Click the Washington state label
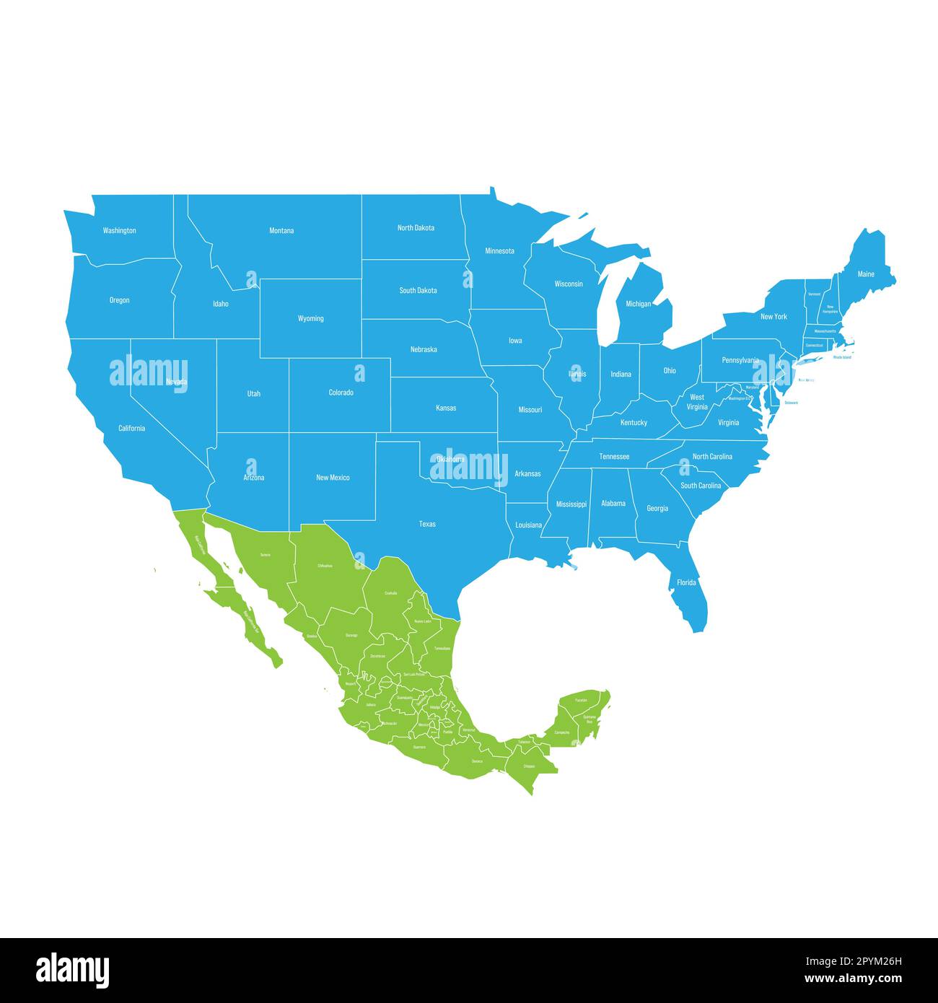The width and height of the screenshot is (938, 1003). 119,231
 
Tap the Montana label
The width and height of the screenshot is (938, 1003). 281,231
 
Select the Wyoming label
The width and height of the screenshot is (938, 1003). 310,318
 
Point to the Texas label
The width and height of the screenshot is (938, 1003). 427,524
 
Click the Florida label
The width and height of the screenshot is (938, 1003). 686,582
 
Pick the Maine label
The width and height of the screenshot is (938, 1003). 866,274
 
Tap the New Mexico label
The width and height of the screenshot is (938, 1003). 333,478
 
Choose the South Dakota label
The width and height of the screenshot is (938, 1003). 418,291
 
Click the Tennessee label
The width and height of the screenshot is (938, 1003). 614,457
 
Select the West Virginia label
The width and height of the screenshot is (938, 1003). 697,402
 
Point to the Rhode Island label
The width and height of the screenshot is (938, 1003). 842,357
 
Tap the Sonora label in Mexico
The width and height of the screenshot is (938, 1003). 266,554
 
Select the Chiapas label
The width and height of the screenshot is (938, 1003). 530,766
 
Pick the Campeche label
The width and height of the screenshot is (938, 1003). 562,732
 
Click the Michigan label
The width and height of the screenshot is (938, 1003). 638,304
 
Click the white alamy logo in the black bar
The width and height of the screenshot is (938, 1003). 72,969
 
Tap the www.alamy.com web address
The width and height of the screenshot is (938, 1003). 853,979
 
